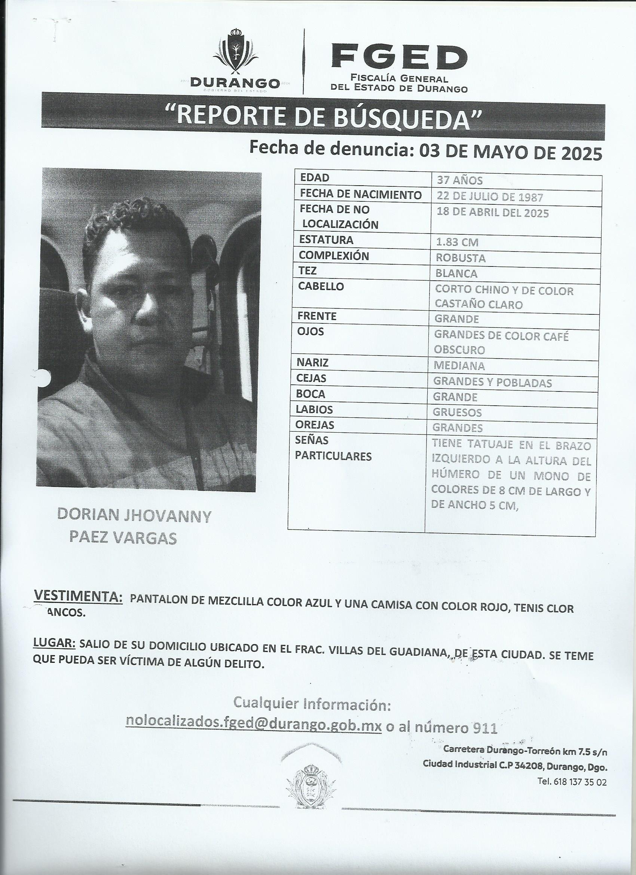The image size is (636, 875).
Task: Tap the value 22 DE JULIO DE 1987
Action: click(x=489, y=197)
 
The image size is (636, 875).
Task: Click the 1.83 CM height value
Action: click(x=457, y=242)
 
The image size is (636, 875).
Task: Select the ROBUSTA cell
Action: click(x=460, y=258)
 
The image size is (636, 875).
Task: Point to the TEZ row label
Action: click(x=308, y=271)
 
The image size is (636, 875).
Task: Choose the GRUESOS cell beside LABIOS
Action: click(x=457, y=412)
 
